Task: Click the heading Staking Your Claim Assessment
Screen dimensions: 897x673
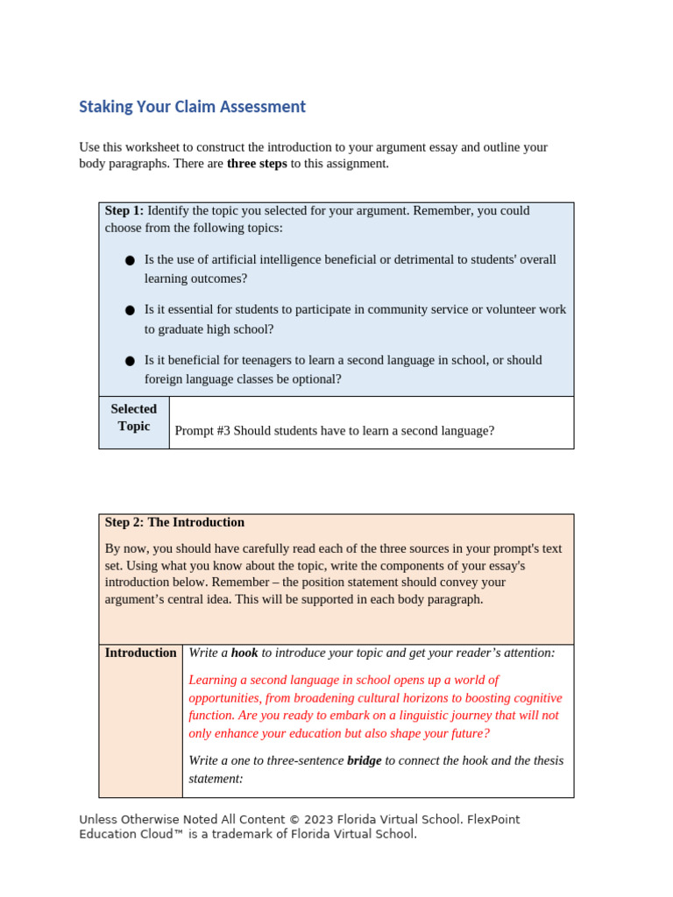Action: pos(192,107)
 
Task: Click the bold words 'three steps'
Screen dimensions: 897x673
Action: pos(257,164)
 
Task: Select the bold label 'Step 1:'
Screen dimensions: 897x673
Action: pos(124,211)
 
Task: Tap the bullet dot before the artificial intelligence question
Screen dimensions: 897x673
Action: pos(130,260)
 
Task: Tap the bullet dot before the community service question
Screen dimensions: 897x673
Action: pos(130,310)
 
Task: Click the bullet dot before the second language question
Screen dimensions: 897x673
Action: pos(130,360)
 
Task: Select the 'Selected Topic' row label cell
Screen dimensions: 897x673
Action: pos(134,418)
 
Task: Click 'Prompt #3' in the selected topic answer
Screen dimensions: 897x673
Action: pos(202,431)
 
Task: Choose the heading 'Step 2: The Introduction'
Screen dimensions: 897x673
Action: pos(174,523)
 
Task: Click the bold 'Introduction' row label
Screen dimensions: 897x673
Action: pos(140,653)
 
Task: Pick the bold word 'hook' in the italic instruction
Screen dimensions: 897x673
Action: pos(244,653)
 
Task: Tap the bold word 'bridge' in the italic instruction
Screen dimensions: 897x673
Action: pos(364,761)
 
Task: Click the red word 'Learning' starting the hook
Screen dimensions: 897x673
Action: pos(213,681)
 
